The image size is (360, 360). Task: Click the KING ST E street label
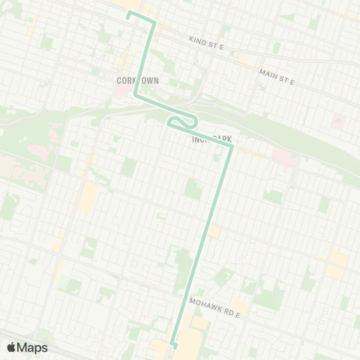click(207, 44)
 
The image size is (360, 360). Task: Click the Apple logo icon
click(12, 347)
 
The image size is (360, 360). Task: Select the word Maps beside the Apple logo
click(33, 347)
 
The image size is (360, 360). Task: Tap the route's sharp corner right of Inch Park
click(232, 145)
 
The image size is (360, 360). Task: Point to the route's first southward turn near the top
click(154, 22)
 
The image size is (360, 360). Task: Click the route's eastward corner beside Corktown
click(136, 95)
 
